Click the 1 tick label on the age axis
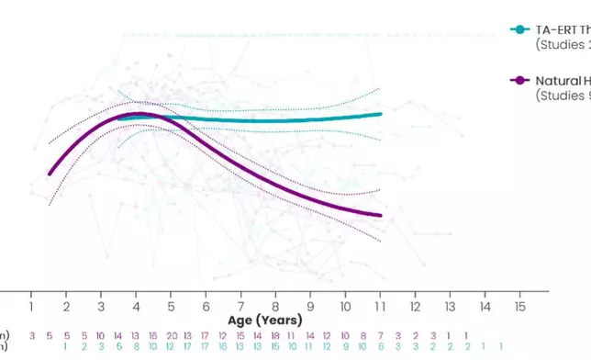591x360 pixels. [x=31, y=305]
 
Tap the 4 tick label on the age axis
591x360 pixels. [x=136, y=305]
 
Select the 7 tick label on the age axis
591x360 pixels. [x=240, y=305]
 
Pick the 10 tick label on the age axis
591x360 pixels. [x=345, y=305]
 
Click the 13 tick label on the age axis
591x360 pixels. [x=450, y=305]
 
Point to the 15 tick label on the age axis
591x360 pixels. [x=519, y=305]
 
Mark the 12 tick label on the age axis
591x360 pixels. [x=415, y=305]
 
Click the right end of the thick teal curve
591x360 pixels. [x=380, y=114]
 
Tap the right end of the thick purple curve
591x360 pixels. [x=380, y=216]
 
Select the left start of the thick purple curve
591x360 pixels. [x=50, y=174]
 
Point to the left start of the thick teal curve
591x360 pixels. [x=119, y=118]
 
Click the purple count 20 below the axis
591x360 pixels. [x=171, y=336]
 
